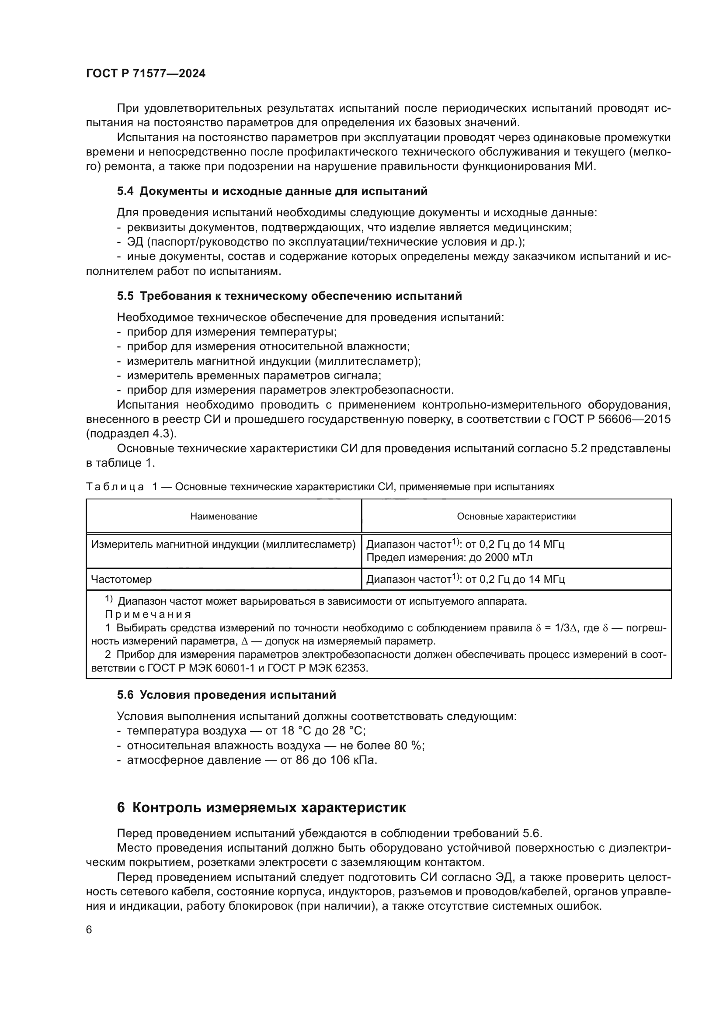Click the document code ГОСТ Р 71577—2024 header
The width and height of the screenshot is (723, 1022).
[x=146, y=73]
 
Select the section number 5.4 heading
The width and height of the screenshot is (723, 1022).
[x=125, y=191]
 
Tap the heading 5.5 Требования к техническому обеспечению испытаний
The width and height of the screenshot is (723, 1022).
[x=289, y=295]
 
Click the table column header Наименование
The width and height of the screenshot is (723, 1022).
[x=223, y=516]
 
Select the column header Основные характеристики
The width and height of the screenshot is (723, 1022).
[x=516, y=516]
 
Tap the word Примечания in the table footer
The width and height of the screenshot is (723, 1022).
[x=148, y=614]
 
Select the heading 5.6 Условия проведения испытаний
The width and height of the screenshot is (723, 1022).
[x=226, y=695]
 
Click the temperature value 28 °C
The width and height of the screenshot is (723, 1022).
[x=348, y=731]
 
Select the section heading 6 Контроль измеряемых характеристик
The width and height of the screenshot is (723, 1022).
[x=261, y=807]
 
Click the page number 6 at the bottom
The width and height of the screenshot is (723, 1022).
[x=89, y=930]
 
